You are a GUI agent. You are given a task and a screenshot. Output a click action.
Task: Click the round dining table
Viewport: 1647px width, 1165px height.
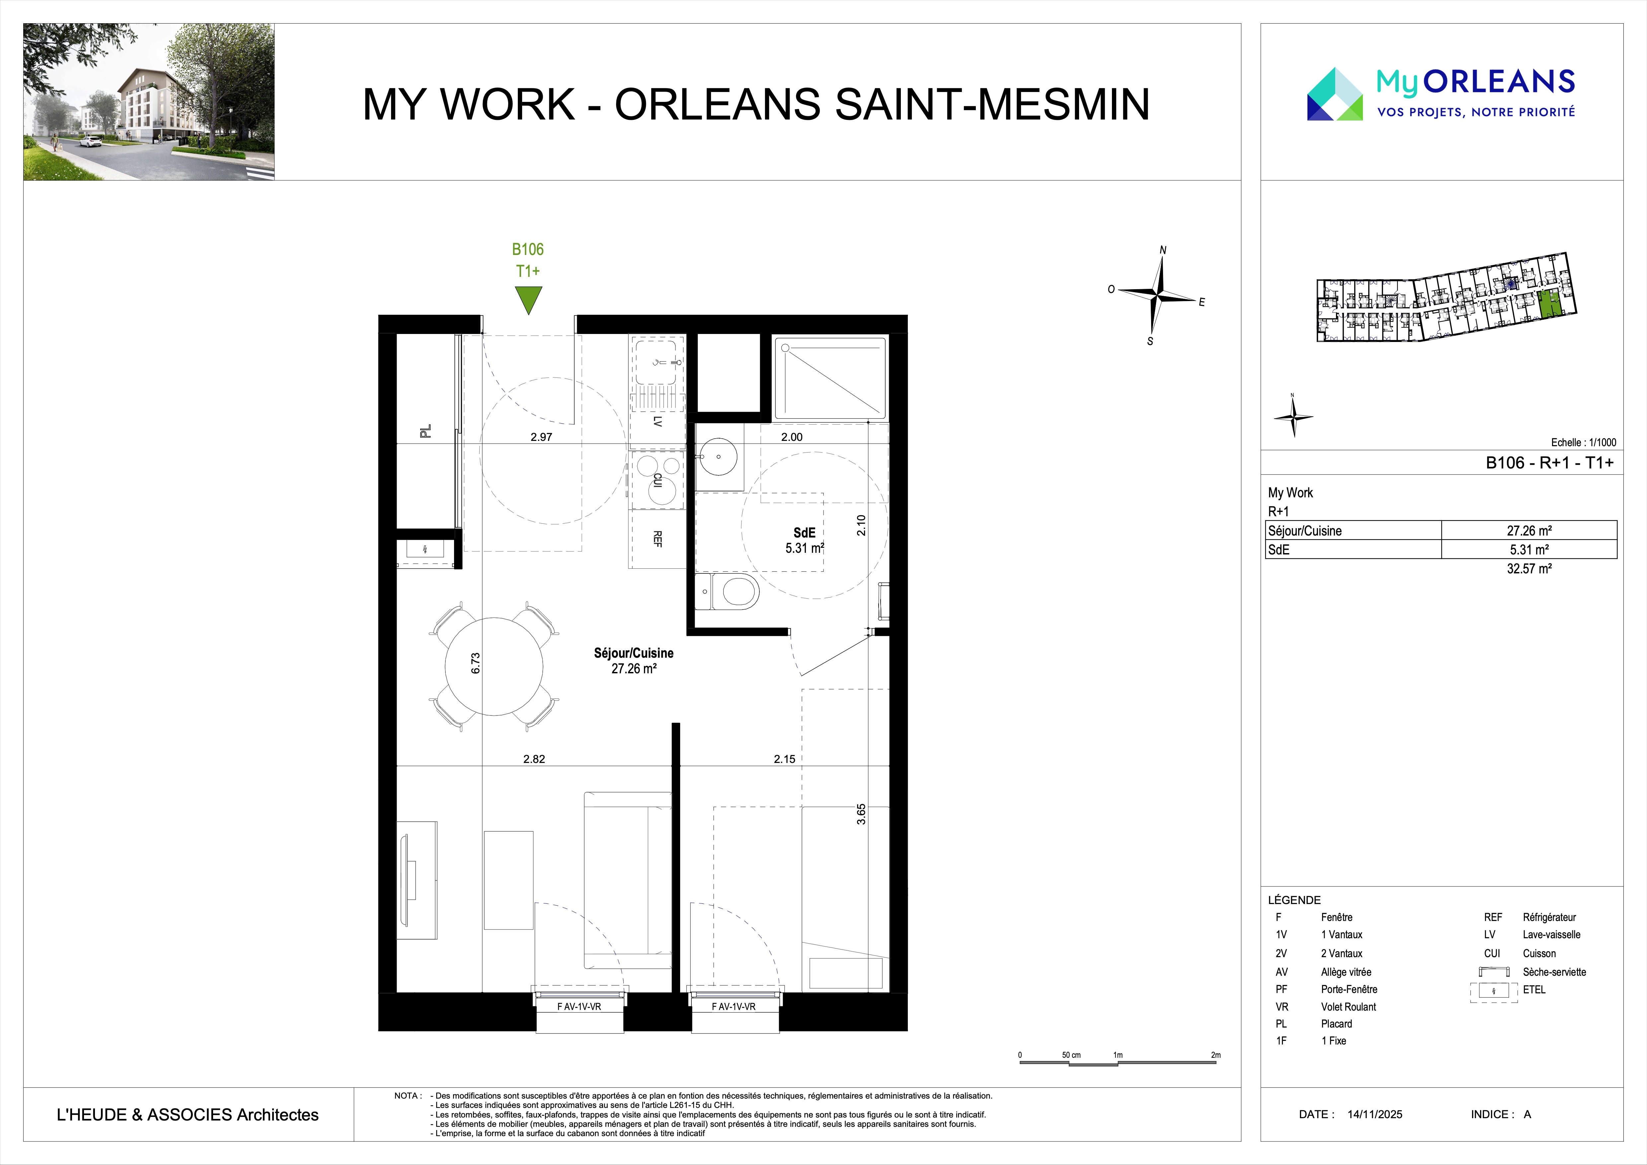pos(494,666)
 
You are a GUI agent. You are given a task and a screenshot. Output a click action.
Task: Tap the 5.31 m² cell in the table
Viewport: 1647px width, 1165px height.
pos(1529,549)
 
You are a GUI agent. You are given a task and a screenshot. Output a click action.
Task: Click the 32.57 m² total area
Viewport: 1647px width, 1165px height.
pos(1529,568)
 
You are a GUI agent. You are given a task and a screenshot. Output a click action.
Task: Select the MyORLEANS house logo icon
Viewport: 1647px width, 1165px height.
pos(1334,94)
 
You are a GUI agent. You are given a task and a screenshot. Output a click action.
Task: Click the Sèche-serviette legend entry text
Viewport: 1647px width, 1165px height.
pos(1554,972)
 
